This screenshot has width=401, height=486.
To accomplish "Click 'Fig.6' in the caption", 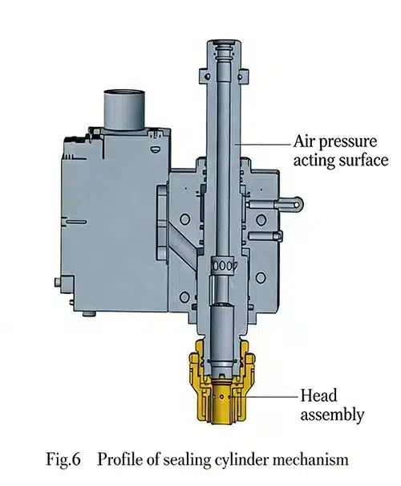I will [69, 459].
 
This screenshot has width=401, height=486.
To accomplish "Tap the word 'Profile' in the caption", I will [119, 459].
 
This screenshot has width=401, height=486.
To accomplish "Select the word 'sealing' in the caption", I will [181, 459].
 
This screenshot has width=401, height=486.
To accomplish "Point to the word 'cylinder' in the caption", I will [234, 459].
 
